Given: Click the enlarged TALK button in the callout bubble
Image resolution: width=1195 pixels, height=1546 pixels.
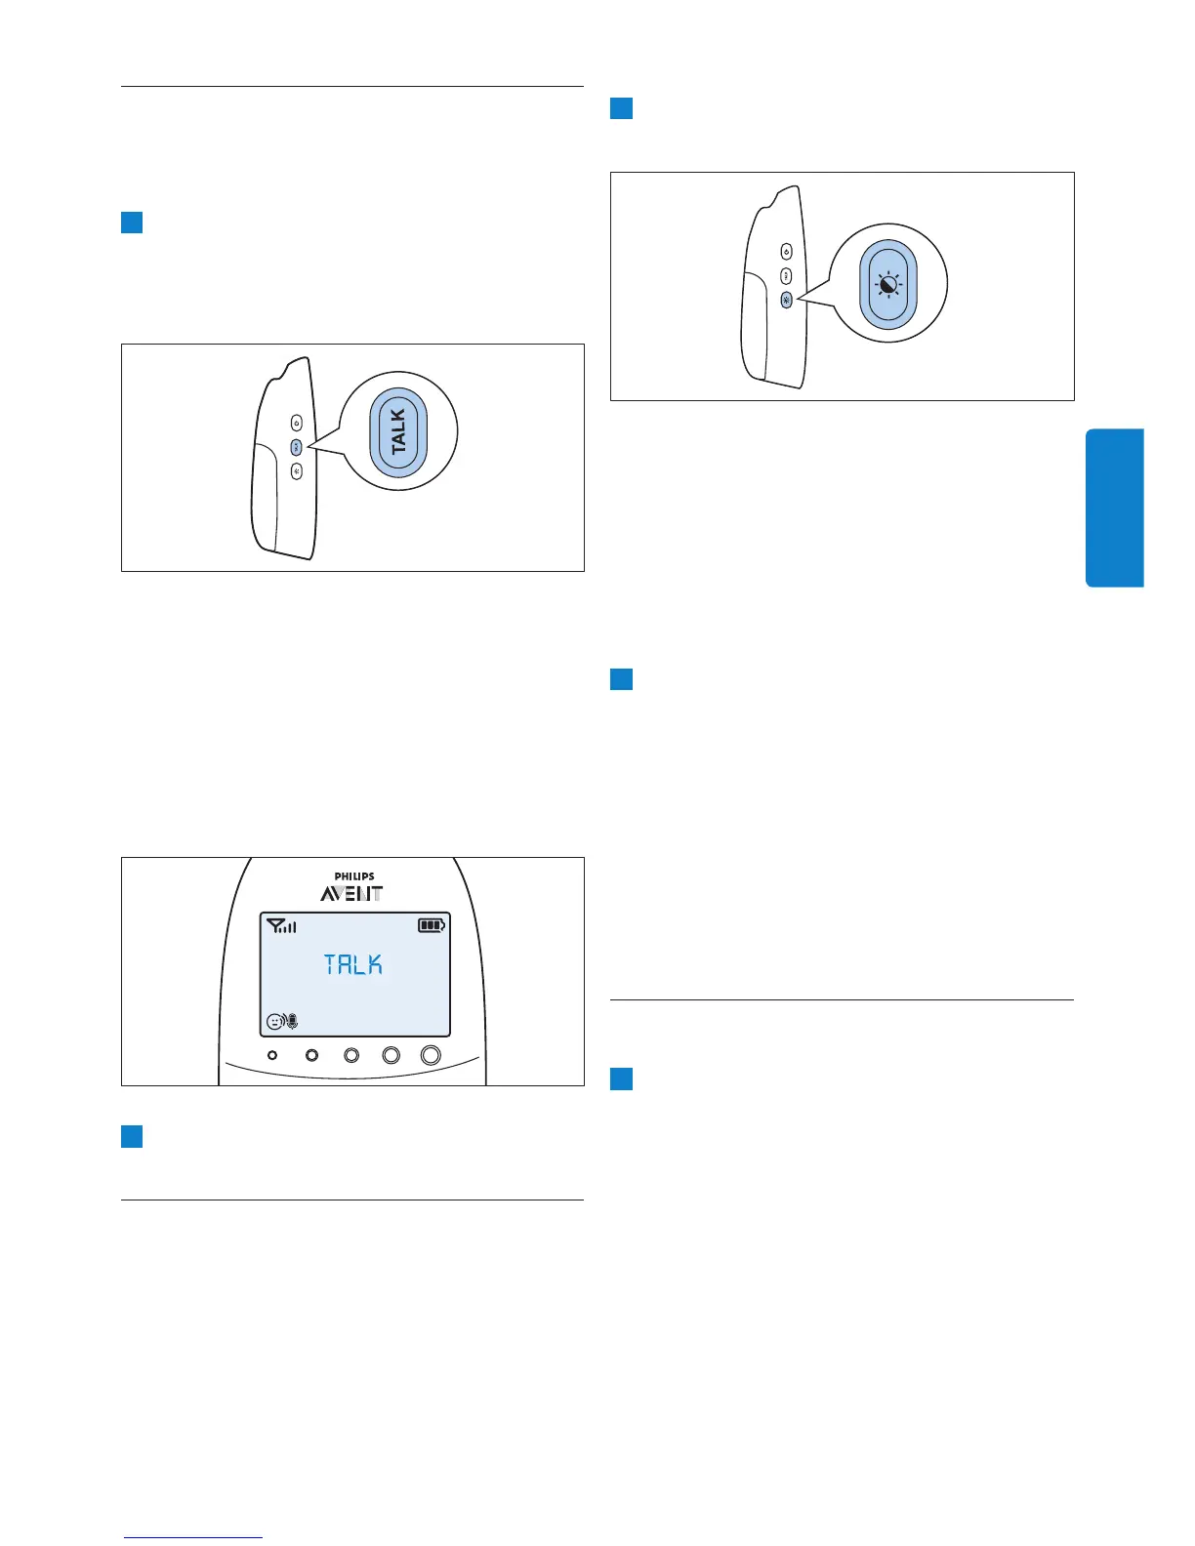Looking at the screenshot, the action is (x=398, y=431).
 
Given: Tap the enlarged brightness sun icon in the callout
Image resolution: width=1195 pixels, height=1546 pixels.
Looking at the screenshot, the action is (x=887, y=285).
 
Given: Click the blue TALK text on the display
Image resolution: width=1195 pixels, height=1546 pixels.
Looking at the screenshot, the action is (x=353, y=964).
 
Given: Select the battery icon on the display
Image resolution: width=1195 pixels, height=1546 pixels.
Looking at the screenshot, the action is (x=432, y=925).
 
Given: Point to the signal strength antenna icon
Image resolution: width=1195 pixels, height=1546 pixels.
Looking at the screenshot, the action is (x=281, y=925).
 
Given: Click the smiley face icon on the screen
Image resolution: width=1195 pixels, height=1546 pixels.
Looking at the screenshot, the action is (x=274, y=1022).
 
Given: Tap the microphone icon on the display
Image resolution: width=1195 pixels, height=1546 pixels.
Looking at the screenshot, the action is (x=292, y=1022).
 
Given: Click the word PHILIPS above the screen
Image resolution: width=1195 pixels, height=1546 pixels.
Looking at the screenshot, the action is (x=353, y=876).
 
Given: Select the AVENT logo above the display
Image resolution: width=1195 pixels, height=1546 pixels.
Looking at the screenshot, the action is (x=352, y=893).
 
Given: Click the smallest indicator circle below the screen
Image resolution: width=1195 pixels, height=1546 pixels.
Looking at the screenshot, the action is (x=272, y=1055).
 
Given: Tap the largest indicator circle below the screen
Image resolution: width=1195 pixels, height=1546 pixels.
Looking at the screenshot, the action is (x=431, y=1055).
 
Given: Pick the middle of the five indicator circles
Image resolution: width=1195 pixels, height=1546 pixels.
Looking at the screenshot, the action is (x=351, y=1055).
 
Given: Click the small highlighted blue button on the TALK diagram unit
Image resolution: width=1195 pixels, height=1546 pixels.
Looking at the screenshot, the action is (x=297, y=447).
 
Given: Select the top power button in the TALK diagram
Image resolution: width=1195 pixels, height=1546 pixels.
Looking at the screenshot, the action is (x=297, y=423).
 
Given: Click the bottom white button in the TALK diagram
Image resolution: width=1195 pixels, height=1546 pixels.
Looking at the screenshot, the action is (x=297, y=471).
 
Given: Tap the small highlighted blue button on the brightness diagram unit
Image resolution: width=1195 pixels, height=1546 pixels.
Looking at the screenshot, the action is (x=787, y=300).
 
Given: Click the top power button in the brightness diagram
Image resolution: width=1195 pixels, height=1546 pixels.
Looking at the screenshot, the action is (x=787, y=253).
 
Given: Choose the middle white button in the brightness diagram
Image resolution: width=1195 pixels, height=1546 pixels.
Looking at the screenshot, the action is (x=787, y=276).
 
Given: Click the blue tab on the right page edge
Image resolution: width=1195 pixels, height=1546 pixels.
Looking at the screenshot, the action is (x=1114, y=508).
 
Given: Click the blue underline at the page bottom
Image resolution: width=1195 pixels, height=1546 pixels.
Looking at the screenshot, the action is (x=193, y=1537).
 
